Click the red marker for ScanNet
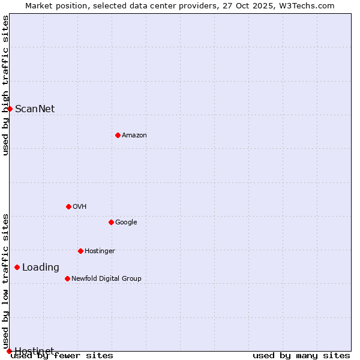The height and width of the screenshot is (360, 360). tap(10, 109)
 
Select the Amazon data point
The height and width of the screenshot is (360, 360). tap(118, 135)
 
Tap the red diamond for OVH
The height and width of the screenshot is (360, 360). tap(68, 206)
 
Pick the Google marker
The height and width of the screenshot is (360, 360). tap(111, 222)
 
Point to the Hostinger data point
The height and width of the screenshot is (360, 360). tap(80, 251)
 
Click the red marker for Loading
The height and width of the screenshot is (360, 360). tap(17, 267)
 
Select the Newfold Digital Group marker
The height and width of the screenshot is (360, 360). tap(67, 278)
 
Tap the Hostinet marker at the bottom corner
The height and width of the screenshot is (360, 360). tap(9, 351)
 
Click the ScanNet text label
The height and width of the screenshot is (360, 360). tap(35, 109)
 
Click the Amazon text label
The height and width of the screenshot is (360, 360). tap(134, 136)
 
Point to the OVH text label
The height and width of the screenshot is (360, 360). tap(80, 207)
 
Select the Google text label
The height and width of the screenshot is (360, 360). tap(126, 223)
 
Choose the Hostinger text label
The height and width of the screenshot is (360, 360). tap(100, 251)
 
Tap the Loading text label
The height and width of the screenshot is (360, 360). tap(41, 268)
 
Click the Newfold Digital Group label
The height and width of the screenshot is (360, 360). tap(106, 279)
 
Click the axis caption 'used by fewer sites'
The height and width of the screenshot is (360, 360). tap(62, 356)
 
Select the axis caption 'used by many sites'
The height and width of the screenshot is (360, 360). tap(301, 356)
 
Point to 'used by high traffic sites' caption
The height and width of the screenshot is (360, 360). tap(5, 85)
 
